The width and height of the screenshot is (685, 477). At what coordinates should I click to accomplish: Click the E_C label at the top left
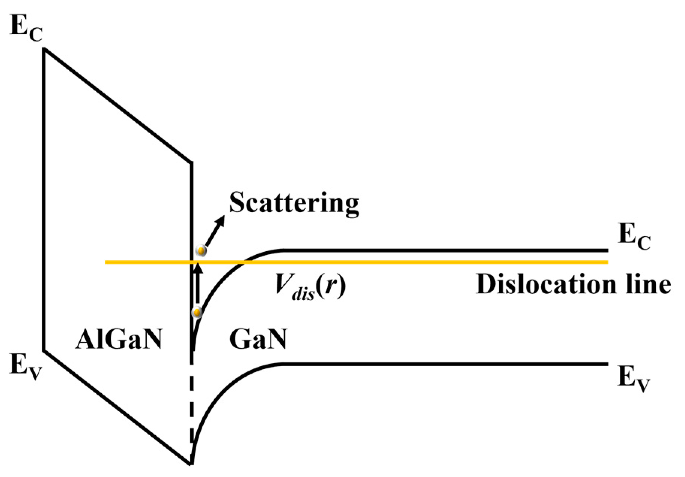pos(26,28)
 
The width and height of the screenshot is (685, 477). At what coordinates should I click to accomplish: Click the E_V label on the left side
pos(26,366)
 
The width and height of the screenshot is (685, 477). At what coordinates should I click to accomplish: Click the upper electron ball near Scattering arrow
pos(202,251)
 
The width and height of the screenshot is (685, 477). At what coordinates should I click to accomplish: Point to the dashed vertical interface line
pos(192,406)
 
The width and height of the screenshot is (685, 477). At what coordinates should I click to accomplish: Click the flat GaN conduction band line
pos(443,250)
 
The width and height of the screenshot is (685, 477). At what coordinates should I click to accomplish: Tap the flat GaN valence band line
pos(443,364)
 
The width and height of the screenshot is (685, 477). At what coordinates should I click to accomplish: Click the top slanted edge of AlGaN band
pos(118,106)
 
